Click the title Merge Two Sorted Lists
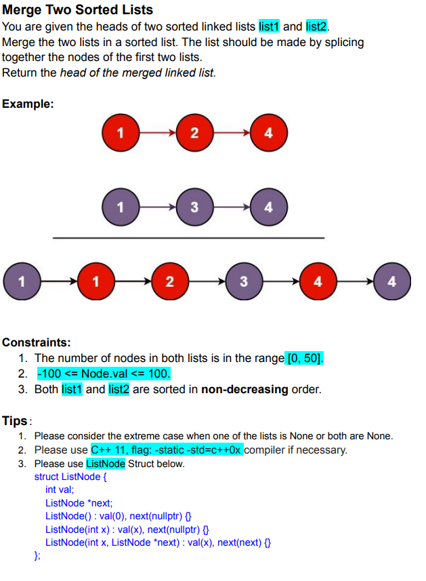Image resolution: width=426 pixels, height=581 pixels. click(x=78, y=9)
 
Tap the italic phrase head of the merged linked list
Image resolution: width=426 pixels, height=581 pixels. click(x=137, y=73)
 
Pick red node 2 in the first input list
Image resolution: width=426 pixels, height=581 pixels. click(x=194, y=133)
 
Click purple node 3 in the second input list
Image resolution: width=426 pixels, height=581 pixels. click(x=194, y=207)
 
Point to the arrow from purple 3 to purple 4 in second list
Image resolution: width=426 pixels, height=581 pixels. click(x=231, y=207)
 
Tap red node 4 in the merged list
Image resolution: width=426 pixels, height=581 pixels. click(x=317, y=281)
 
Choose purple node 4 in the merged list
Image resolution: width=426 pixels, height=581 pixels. click(x=391, y=281)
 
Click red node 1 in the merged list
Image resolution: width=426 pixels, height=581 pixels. click(x=95, y=281)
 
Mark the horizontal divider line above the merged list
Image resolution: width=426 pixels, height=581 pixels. click(x=188, y=238)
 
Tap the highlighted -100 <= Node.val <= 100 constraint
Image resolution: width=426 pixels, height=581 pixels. click(x=104, y=374)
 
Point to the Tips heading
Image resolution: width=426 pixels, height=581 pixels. click(x=15, y=421)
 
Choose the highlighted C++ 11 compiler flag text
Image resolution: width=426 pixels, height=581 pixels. click(x=166, y=449)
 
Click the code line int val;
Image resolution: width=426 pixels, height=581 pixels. click(x=60, y=489)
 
